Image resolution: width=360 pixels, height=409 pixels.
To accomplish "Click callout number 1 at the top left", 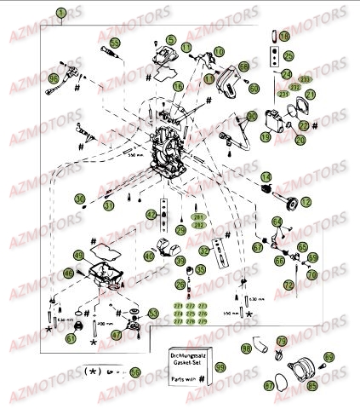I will tap(61, 12).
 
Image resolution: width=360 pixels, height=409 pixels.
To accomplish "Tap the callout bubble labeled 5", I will tap(170, 40).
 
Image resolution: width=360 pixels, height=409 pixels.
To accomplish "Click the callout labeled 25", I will tap(289, 56).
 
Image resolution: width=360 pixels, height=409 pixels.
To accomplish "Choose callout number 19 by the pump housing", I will tap(266, 136).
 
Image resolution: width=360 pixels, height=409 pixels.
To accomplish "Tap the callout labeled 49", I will tap(78, 255).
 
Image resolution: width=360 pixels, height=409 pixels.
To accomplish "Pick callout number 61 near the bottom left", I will tap(48, 337).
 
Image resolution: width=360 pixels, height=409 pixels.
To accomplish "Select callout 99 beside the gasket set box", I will tap(220, 367).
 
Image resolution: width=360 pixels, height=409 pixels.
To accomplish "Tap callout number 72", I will tap(290, 283).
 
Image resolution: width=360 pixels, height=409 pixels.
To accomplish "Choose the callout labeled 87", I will tap(271, 385).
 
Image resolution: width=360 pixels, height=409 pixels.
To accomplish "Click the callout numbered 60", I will tap(254, 88).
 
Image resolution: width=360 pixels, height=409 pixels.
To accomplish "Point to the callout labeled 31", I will tap(108, 205).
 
